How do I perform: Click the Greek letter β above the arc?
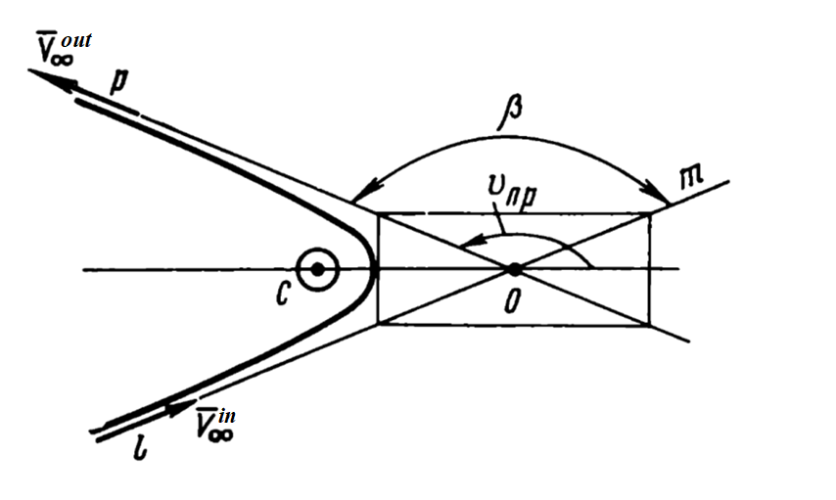(x=509, y=113)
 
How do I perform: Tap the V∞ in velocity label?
(x=214, y=424)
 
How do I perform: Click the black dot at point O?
(x=515, y=269)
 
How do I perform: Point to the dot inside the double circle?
(x=318, y=270)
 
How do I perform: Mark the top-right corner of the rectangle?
(x=650, y=213)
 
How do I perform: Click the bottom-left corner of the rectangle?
(x=378, y=324)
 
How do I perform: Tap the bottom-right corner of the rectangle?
(x=650, y=325)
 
